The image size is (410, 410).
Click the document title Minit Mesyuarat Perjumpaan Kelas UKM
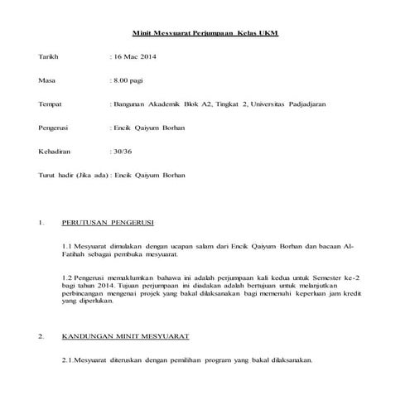pos(205,32)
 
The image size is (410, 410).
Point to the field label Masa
pos(46,80)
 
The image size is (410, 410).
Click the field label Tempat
pos(51,104)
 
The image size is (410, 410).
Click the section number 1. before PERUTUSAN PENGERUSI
pos(41,224)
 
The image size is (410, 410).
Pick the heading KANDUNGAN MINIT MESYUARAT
pos(126,337)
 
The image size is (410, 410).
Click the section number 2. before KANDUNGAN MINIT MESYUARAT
pos(41,337)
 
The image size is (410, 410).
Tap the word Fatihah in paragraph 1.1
pos(76,256)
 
